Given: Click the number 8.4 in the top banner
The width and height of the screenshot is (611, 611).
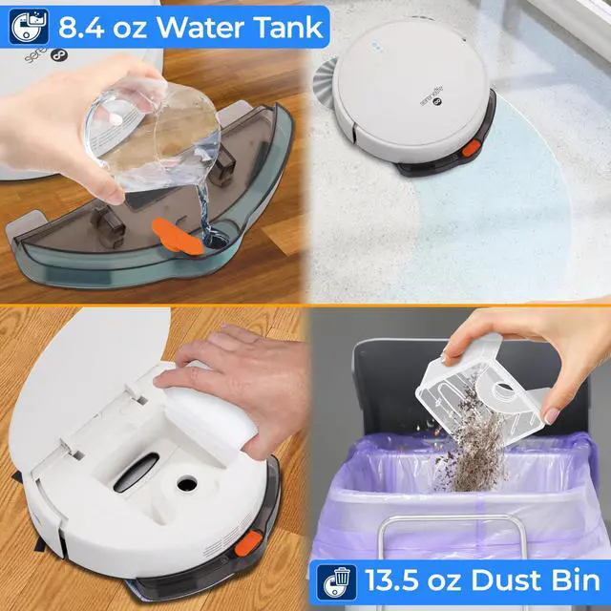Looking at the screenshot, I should coord(82,26).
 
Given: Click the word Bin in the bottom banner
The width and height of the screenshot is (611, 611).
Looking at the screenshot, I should coord(572,579).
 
